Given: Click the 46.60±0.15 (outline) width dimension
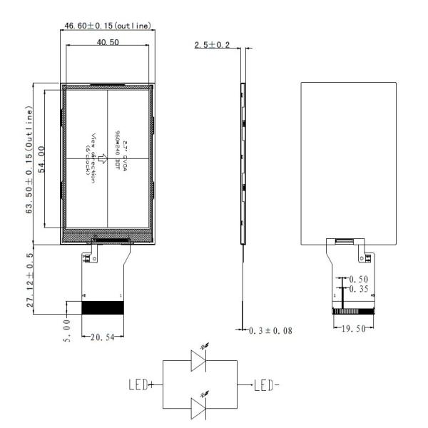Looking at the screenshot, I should pos(108,26).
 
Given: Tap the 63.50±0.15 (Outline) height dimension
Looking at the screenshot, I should pos(29,163).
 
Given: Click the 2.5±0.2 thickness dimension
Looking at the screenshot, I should pos(211,46).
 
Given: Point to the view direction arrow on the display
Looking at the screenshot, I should pos(102,158).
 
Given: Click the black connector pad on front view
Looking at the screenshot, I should pos(103,308).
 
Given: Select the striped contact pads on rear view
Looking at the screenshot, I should pos(354,311).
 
